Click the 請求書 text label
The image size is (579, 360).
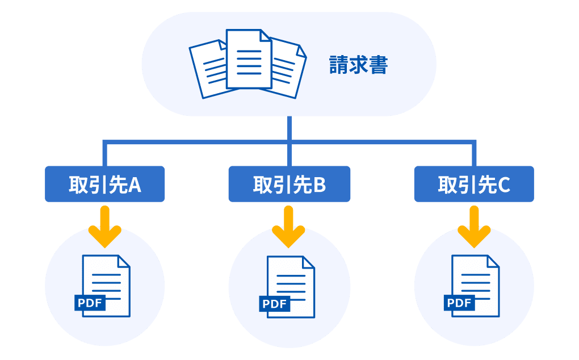[358, 65]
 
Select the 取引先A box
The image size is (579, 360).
[105, 184]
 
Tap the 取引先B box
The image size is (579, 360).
[289, 184]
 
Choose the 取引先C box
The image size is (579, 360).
[473, 184]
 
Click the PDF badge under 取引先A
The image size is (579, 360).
[90, 303]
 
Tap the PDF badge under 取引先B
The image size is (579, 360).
[274, 304]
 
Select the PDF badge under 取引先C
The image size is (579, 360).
[459, 303]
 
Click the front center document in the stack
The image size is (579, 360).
[249, 60]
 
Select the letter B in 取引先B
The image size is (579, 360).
[319, 185]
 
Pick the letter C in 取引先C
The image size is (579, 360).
[504, 185]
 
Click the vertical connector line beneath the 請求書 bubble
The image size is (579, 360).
[289, 128]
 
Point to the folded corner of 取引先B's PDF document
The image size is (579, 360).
[308, 262]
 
